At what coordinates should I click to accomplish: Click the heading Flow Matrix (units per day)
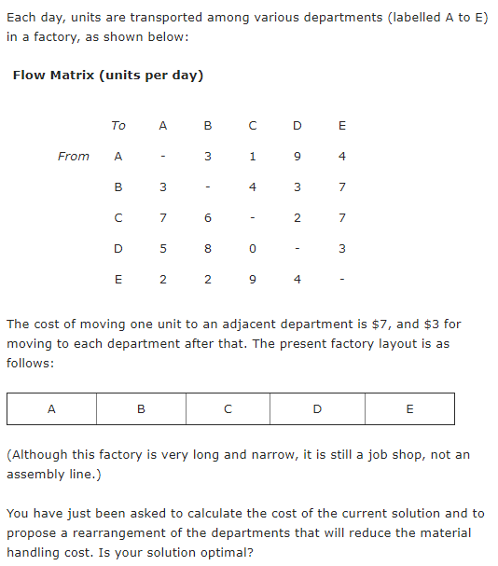coord(108,75)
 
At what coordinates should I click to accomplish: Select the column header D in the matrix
coord(297,125)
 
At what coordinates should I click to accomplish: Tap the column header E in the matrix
coord(342,125)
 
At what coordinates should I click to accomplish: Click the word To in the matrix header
coord(118,125)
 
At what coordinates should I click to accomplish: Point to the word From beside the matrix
coord(74,156)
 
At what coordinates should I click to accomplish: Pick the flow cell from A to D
coord(297,156)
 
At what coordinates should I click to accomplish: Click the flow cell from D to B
coord(207,249)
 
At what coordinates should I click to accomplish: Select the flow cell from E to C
coord(252,280)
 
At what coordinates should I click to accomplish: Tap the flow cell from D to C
coord(252,249)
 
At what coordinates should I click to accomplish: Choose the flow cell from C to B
coord(207,218)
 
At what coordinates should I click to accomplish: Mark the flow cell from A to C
coord(252,156)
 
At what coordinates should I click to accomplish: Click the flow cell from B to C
coord(252,186)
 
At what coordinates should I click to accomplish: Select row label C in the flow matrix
coord(118,218)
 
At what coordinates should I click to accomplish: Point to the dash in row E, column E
coord(342,280)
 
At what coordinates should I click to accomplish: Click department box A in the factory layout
coord(51,407)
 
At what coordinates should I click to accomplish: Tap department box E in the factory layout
coord(409,407)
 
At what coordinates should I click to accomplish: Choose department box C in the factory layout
coord(228,407)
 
